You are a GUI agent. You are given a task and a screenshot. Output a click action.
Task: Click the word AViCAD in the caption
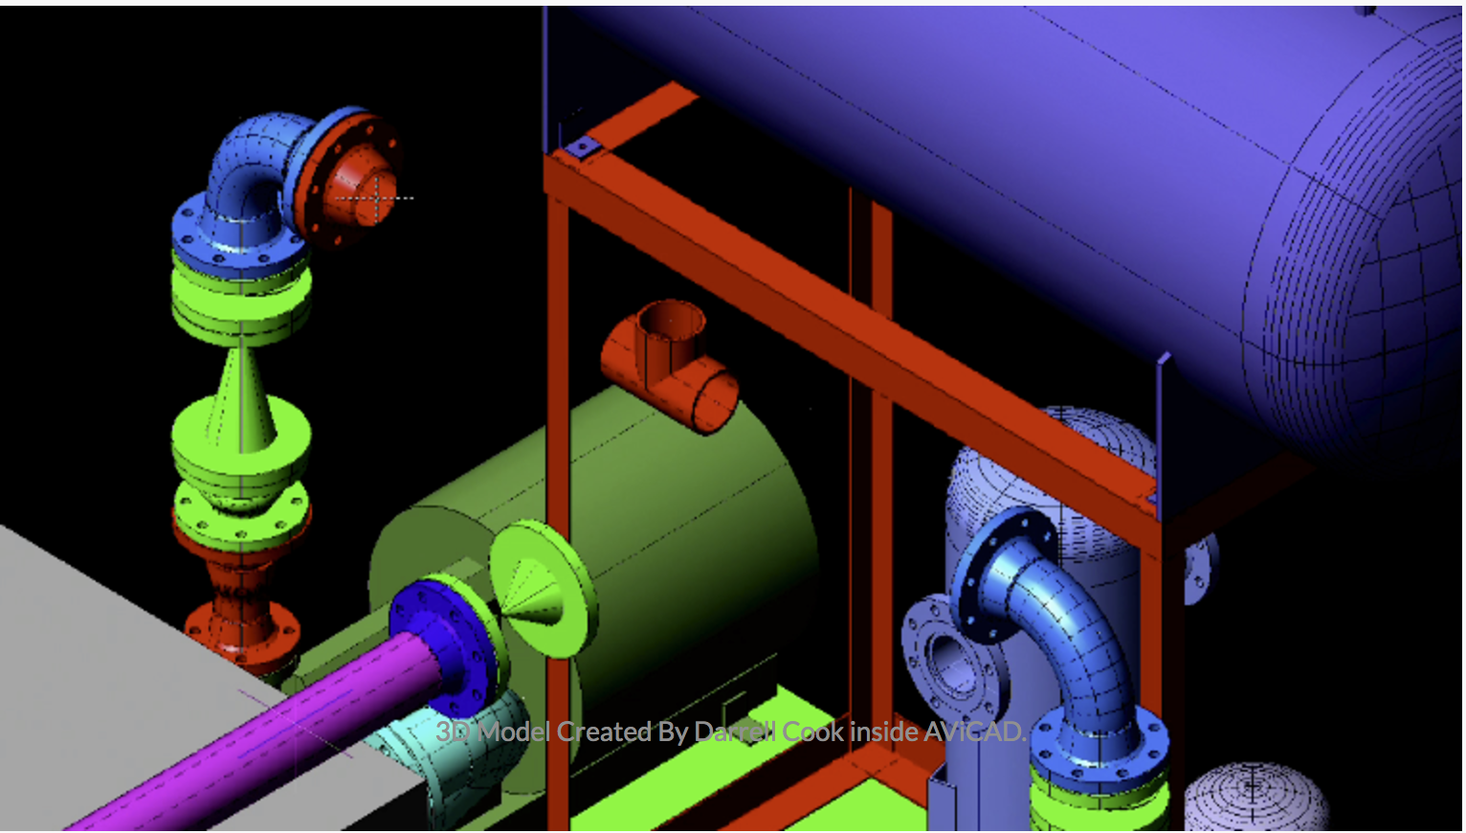974,732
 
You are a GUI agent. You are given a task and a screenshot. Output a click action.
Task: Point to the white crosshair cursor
376,197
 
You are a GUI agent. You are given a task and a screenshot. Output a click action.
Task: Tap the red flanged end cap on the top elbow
350,180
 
